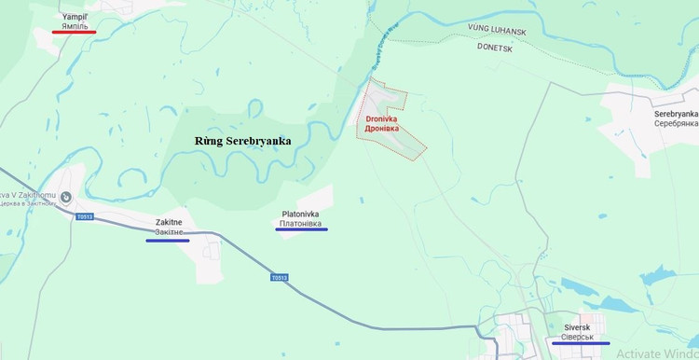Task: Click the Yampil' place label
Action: pos(75,17)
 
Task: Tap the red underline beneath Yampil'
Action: pos(75,32)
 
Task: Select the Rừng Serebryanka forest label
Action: pos(242,141)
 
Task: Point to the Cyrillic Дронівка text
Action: pos(382,129)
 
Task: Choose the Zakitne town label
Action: pos(169,223)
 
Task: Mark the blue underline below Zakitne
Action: pos(168,241)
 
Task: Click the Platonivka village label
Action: pos(301,214)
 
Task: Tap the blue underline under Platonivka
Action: pos(301,229)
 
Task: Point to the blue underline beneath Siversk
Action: pos(581,343)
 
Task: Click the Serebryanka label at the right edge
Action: pos(676,113)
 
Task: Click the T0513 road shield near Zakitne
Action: pos(85,216)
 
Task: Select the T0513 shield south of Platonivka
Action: pos(280,277)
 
